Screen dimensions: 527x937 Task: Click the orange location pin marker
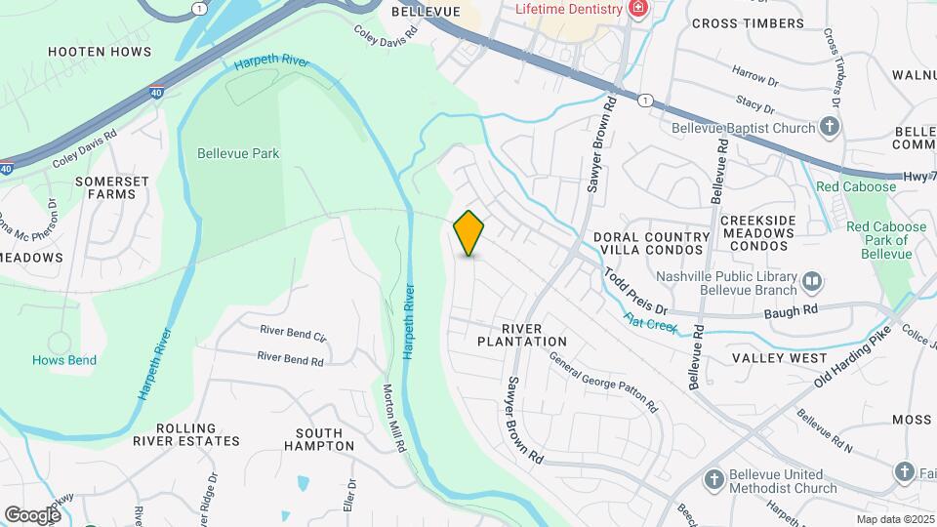469,233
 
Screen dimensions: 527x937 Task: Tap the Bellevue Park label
238,153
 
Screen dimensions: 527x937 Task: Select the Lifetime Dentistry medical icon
638,9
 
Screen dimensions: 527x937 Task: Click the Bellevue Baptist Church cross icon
830,127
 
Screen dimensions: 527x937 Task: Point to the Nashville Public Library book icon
811,283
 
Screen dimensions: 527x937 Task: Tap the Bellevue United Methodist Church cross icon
714,479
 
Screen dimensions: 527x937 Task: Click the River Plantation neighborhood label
522,335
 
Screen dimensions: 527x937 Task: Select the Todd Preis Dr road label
633,292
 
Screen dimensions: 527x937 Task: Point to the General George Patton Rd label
601,379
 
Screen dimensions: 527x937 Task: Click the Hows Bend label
64,360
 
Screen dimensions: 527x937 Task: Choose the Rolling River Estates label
199,434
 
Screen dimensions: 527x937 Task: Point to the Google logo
32,514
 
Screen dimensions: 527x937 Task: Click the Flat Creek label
651,321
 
